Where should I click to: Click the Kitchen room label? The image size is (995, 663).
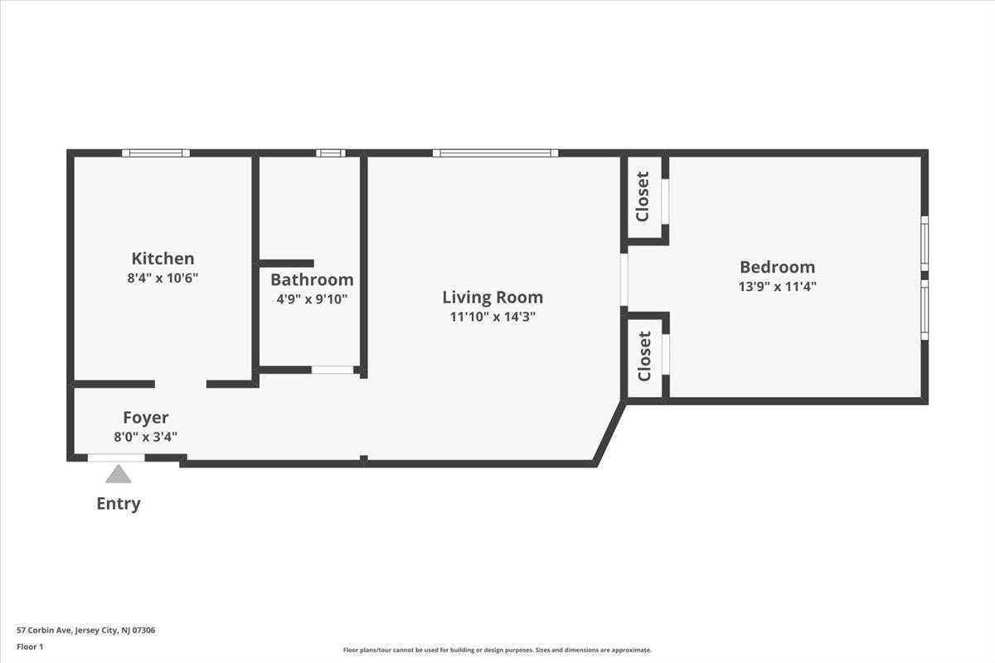(163, 259)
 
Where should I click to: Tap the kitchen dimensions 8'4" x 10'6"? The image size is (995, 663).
(163, 278)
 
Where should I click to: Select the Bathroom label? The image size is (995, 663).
(312, 280)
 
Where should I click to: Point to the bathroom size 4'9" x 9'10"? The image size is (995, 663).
(312, 299)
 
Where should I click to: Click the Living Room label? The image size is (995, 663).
(493, 298)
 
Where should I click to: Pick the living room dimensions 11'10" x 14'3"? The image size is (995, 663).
(493, 317)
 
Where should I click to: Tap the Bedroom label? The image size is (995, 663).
(778, 267)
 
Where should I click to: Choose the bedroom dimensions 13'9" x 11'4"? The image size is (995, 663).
(778, 287)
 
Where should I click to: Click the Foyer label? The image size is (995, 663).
(146, 418)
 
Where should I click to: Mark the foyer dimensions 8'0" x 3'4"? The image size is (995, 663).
(146, 437)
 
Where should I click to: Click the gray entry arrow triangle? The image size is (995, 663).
(118, 474)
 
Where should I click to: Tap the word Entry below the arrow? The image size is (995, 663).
(119, 504)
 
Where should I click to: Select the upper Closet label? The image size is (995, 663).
(643, 196)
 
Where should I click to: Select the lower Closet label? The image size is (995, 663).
(644, 356)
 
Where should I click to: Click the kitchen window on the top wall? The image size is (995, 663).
(156, 153)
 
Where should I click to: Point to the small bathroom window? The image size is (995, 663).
(331, 153)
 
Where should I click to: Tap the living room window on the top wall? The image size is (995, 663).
(495, 153)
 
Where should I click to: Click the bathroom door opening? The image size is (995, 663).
(332, 370)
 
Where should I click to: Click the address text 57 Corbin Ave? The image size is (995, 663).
(45, 630)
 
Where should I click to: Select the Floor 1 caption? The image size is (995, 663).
(30, 646)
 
